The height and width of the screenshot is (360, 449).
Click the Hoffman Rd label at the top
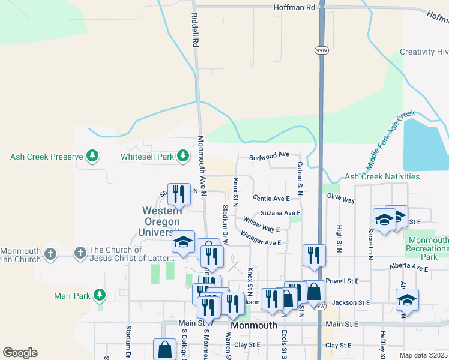[x=294, y=7]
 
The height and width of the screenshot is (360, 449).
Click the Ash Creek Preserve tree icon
[x=92, y=157]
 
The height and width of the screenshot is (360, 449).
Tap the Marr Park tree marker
[x=100, y=295]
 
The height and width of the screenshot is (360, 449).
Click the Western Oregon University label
[x=162, y=221]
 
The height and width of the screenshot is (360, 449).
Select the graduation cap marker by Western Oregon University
[x=183, y=241]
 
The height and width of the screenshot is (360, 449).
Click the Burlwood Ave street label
[x=270, y=154]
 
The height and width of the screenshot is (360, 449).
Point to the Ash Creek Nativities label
[x=382, y=177]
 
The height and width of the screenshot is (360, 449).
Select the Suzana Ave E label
[x=280, y=213]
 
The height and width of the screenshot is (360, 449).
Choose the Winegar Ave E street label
[x=261, y=238]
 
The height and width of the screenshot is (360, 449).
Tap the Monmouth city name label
[x=254, y=325]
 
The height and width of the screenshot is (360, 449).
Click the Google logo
[x=20, y=353]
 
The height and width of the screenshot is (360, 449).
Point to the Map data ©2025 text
[x=424, y=355]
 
